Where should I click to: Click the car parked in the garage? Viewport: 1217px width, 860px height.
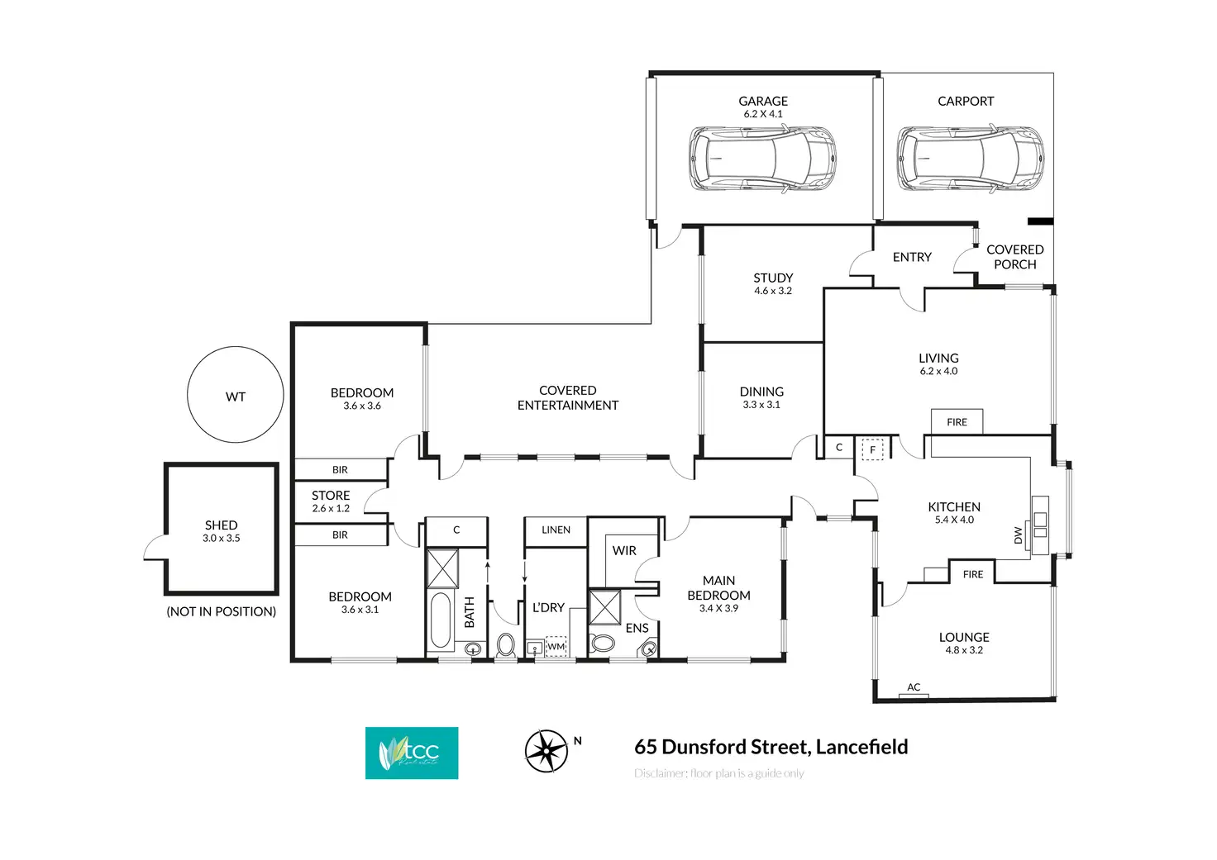(x=762, y=159)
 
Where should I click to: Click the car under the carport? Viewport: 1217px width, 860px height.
(x=970, y=159)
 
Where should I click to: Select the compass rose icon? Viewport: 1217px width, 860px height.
(x=546, y=751)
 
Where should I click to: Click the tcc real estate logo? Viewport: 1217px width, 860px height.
(x=412, y=753)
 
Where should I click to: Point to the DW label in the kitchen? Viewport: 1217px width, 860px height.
(x=1018, y=536)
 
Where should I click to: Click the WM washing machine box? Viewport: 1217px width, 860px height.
(x=556, y=646)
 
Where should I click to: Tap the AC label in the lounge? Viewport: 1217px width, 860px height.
(x=914, y=687)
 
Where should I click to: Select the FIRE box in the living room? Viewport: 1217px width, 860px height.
(x=957, y=421)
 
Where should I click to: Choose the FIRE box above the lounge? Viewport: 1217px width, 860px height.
(x=973, y=573)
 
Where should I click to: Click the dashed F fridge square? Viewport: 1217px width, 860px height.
(x=872, y=449)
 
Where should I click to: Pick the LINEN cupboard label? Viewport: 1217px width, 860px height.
(x=556, y=530)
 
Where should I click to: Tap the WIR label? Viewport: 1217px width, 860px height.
(x=624, y=550)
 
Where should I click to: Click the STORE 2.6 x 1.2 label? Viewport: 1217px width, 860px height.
(x=331, y=501)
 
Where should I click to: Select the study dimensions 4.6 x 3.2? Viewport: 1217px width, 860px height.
(x=773, y=291)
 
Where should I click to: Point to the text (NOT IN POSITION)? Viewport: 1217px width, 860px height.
(x=222, y=611)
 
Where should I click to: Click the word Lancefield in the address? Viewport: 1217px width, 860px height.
(x=861, y=747)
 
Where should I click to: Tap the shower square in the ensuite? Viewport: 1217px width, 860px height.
(x=604, y=607)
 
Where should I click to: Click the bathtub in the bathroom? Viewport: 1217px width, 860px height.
(x=440, y=620)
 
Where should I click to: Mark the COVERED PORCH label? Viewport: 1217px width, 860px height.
(x=1014, y=257)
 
